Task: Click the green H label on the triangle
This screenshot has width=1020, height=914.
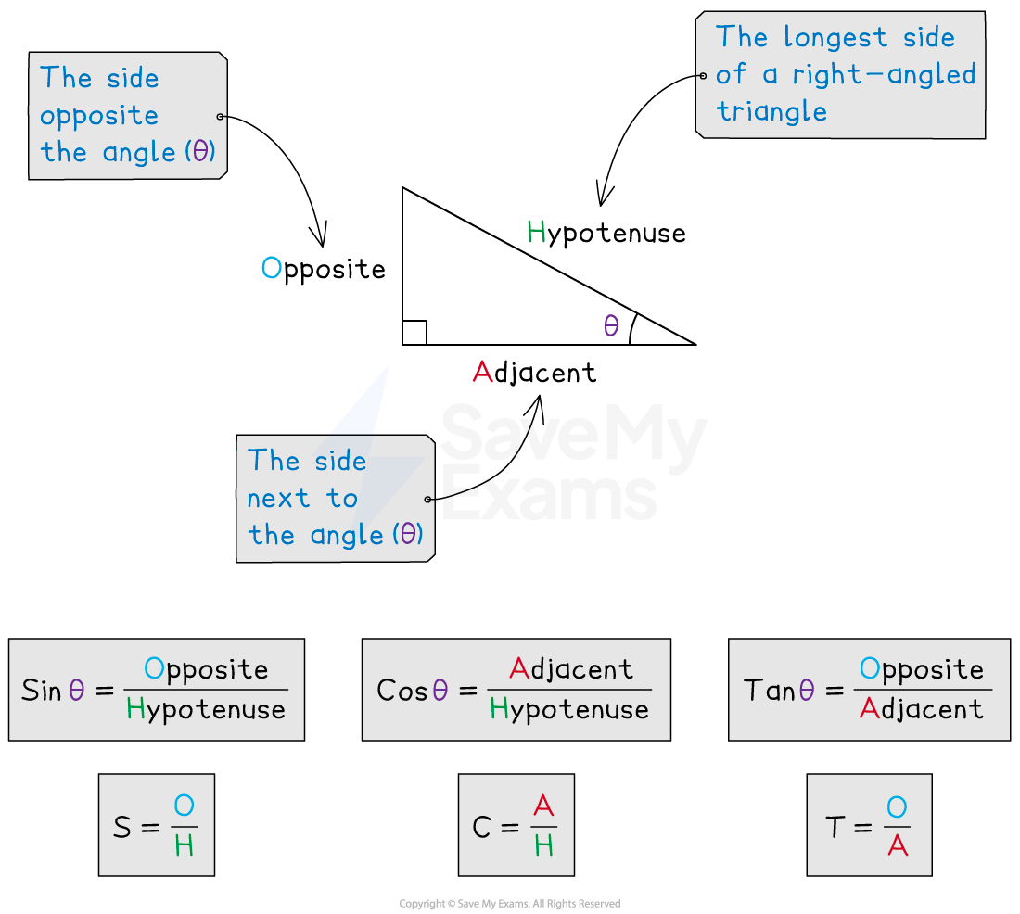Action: click(x=536, y=232)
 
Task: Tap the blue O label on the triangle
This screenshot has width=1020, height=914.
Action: click(x=271, y=268)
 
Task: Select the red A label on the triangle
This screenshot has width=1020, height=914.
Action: click(x=482, y=372)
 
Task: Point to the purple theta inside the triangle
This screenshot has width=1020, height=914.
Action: click(x=610, y=325)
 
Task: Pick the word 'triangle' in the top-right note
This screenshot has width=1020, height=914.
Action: click(x=771, y=112)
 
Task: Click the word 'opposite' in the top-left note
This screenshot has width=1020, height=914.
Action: click(x=99, y=117)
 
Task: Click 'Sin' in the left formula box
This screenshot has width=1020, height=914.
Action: click(x=41, y=691)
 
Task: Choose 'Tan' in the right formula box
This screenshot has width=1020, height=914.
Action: click(x=769, y=691)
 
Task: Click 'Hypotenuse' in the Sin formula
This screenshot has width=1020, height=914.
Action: click(x=206, y=710)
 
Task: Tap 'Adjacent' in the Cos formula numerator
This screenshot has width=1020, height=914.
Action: click(x=571, y=668)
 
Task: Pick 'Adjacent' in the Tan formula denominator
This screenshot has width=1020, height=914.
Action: click(x=921, y=710)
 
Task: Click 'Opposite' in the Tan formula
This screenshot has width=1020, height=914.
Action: click(x=921, y=668)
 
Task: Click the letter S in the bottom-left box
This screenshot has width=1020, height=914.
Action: click(x=121, y=827)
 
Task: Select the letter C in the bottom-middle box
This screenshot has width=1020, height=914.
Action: click(x=480, y=827)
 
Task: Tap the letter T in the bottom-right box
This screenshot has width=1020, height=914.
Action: click(x=835, y=827)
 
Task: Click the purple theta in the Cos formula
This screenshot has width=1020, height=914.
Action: click(x=440, y=691)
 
